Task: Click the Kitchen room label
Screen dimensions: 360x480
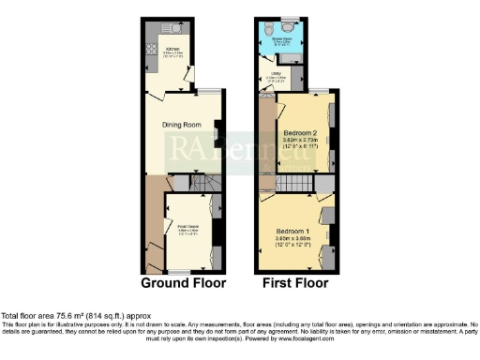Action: coord(173,49)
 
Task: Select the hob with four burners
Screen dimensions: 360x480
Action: coord(151,49)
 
